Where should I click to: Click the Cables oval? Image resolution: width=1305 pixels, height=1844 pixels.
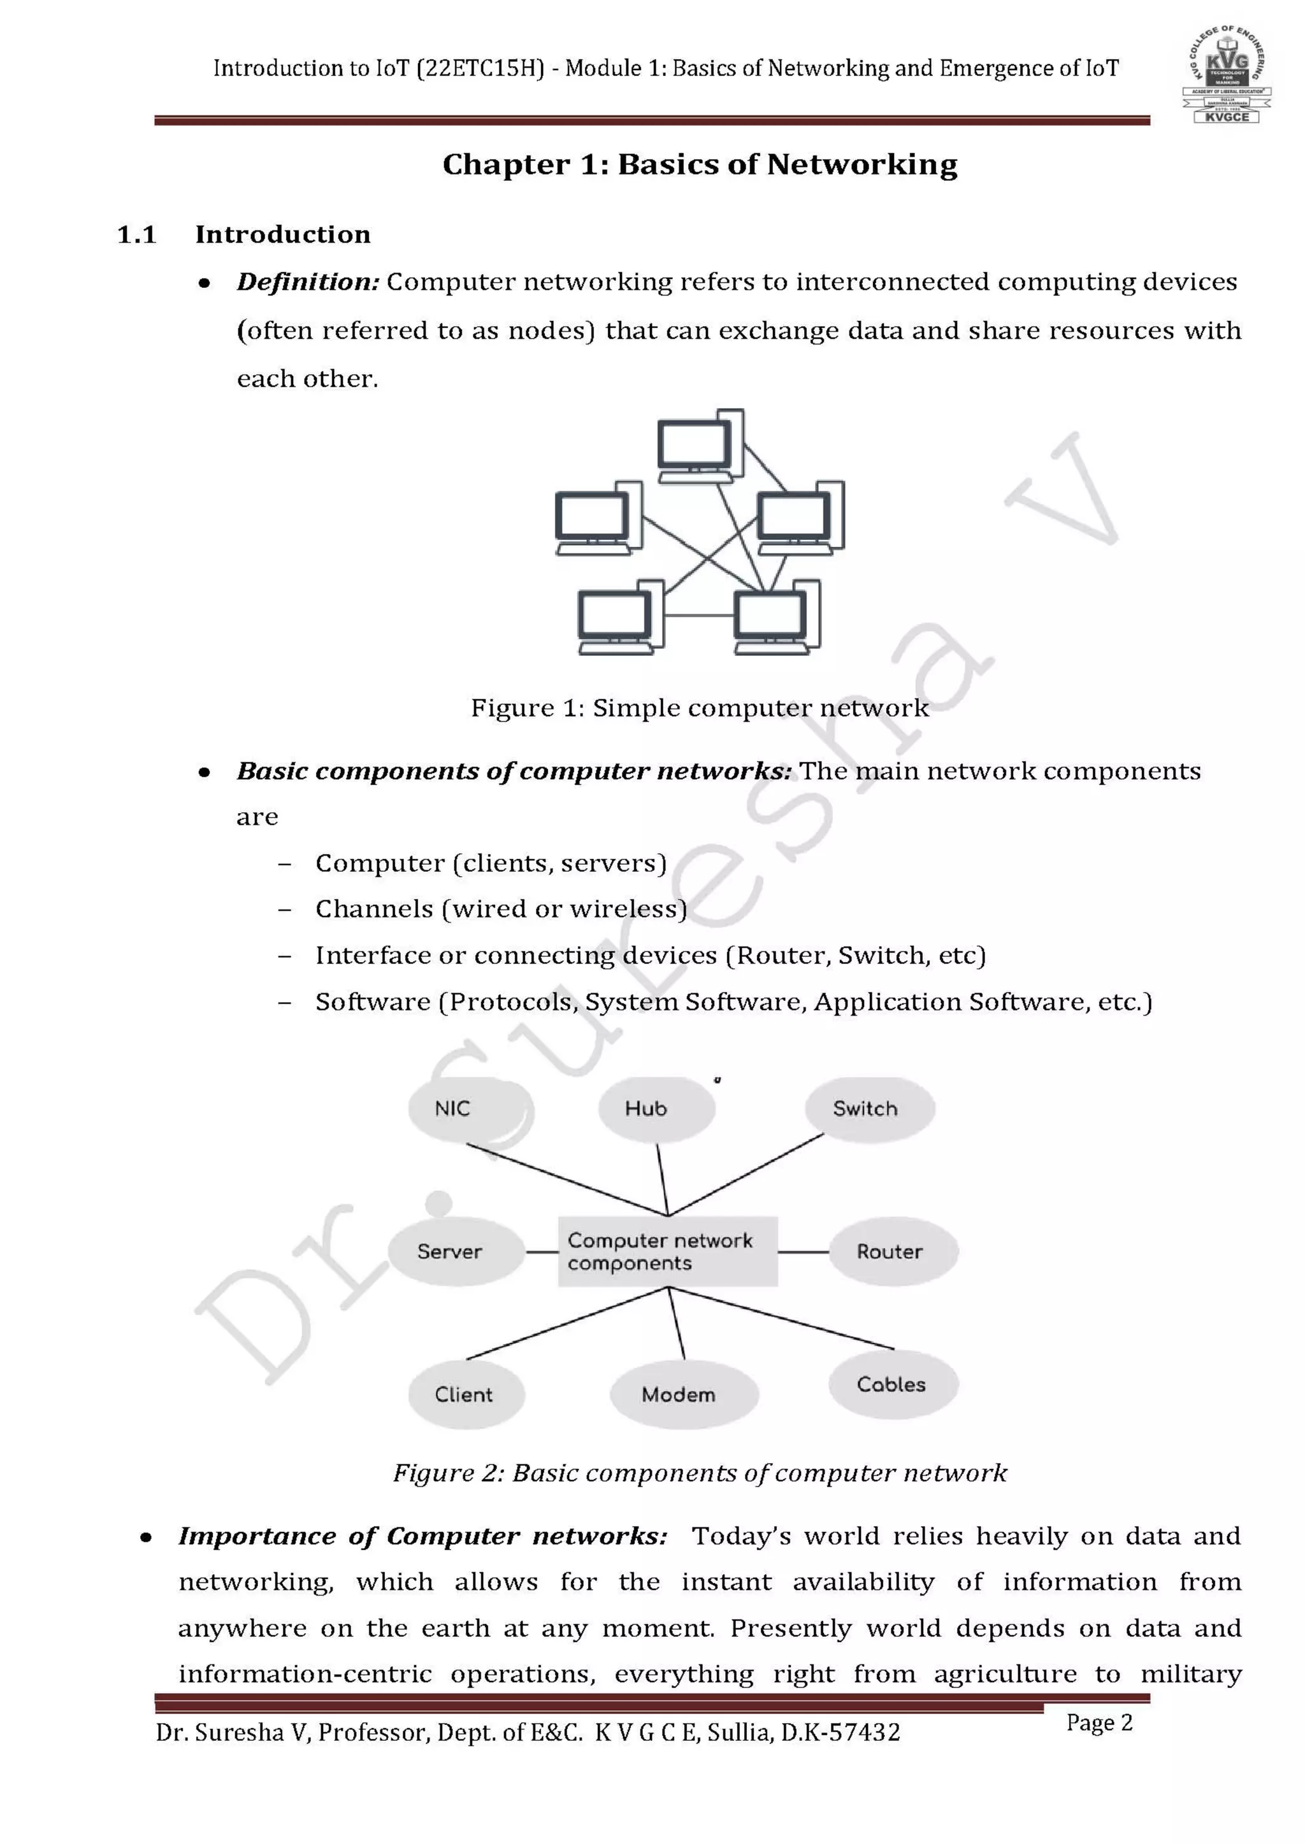(x=892, y=1384)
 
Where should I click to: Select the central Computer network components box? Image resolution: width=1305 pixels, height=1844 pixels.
(x=667, y=1251)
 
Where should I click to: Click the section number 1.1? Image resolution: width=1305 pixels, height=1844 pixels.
(x=136, y=234)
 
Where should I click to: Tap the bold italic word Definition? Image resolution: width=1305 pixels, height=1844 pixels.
(x=307, y=282)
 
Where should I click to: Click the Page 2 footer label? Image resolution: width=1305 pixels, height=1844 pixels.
(x=1099, y=1723)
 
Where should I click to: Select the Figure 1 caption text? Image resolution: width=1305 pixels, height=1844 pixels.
(x=699, y=707)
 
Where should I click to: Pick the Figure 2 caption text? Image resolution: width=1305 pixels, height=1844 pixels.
(x=699, y=1473)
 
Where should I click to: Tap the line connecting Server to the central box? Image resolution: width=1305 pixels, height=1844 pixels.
(x=542, y=1252)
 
